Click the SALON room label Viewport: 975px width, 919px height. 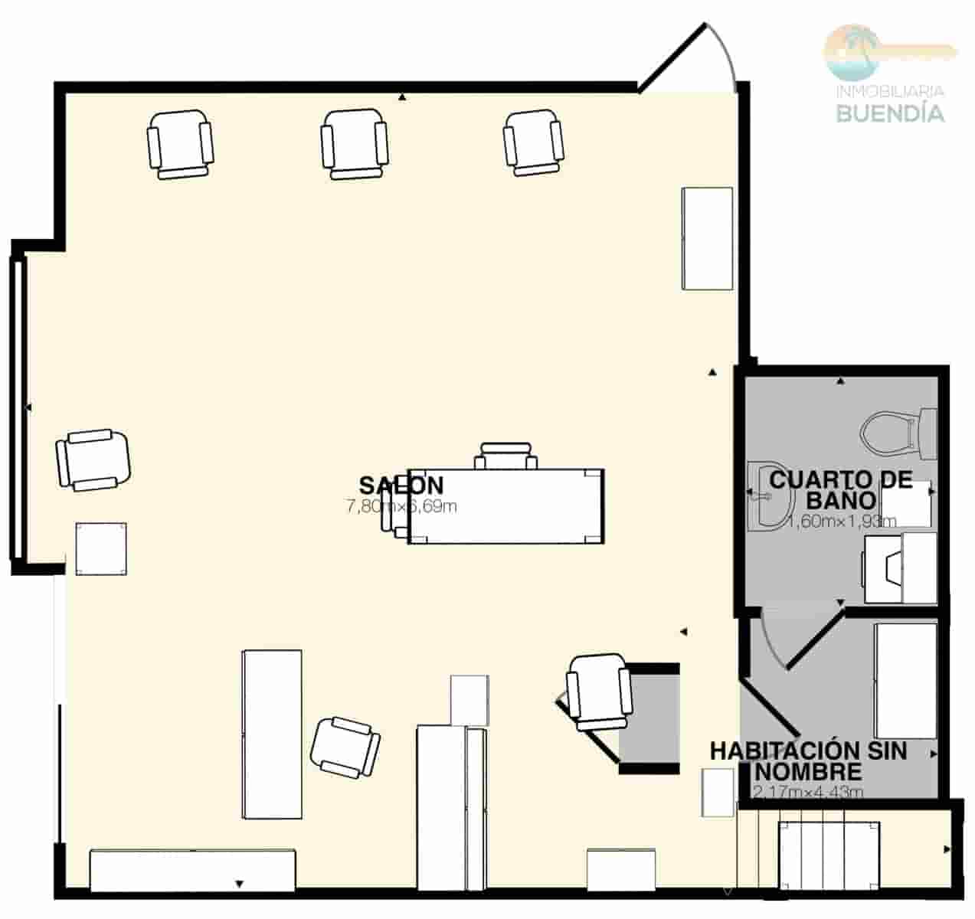tap(401, 485)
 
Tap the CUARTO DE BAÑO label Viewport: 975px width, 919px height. tap(841, 490)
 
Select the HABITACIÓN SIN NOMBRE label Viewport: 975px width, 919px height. tap(808, 760)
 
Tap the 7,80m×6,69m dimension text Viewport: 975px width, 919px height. tap(401, 506)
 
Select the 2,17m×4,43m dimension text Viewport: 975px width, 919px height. tap(808, 792)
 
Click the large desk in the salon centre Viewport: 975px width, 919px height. tap(506, 506)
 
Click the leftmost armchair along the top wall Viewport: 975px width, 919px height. tap(180, 144)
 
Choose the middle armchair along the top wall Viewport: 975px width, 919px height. tap(354, 144)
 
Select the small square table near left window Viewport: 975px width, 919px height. tap(101, 548)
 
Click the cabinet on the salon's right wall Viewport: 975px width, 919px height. tap(708, 239)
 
